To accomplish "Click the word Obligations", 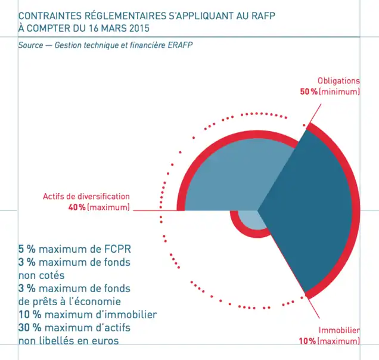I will [338, 81].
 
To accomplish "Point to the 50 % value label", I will [308, 92].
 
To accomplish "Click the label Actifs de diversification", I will [86, 197].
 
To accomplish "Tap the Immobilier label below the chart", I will [339, 330].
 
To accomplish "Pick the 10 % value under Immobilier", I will [308, 341].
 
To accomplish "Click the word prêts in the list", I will [49, 302].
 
